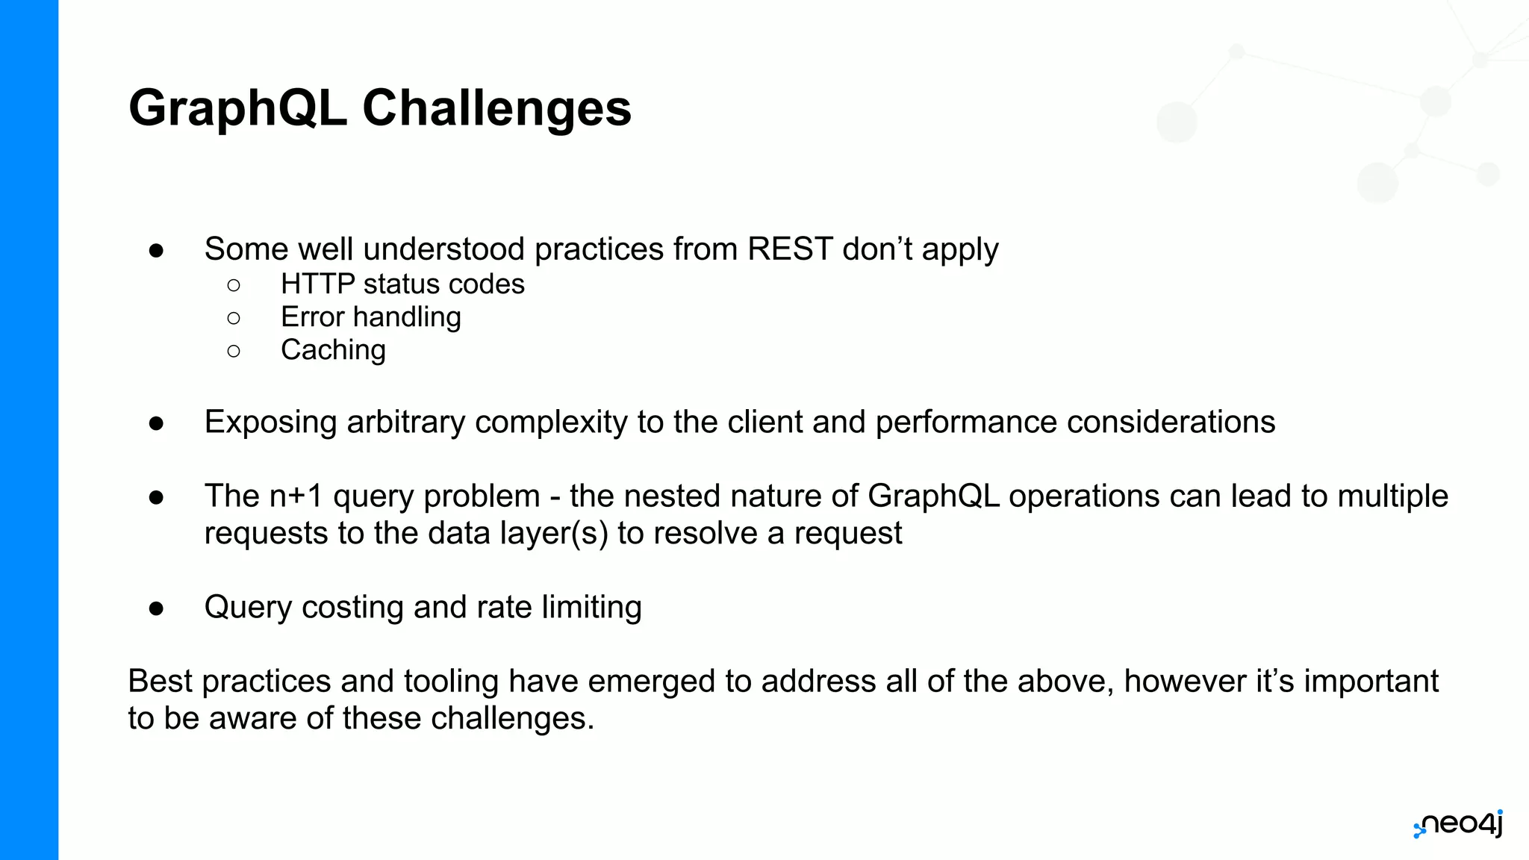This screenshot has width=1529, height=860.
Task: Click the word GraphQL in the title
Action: pyautogui.click(x=238, y=109)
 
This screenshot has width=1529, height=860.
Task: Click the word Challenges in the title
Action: pyautogui.click(x=496, y=109)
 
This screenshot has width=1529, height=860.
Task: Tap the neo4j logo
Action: pyautogui.click(x=1458, y=825)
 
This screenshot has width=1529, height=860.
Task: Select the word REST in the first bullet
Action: pyautogui.click(x=790, y=249)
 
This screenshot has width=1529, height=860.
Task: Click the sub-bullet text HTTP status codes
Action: pyautogui.click(x=402, y=284)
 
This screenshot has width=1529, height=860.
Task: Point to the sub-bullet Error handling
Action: pyautogui.click(x=370, y=317)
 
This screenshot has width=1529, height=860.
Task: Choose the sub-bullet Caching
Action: pyautogui.click(x=333, y=350)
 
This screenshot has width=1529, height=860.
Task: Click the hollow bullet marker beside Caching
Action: pyautogui.click(x=234, y=351)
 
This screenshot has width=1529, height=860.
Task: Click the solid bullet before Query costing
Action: pyautogui.click(x=156, y=608)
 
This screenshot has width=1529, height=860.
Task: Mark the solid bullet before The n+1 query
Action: pyautogui.click(x=156, y=497)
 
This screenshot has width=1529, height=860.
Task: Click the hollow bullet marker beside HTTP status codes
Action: pyautogui.click(x=234, y=285)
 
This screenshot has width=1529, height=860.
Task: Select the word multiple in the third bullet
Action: pyautogui.click(x=1393, y=496)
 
